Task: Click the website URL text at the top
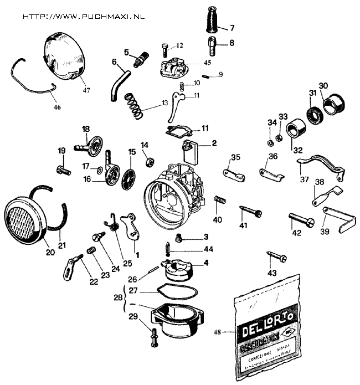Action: point(83,16)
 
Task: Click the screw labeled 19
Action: point(63,170)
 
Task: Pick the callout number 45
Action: point(191,63)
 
